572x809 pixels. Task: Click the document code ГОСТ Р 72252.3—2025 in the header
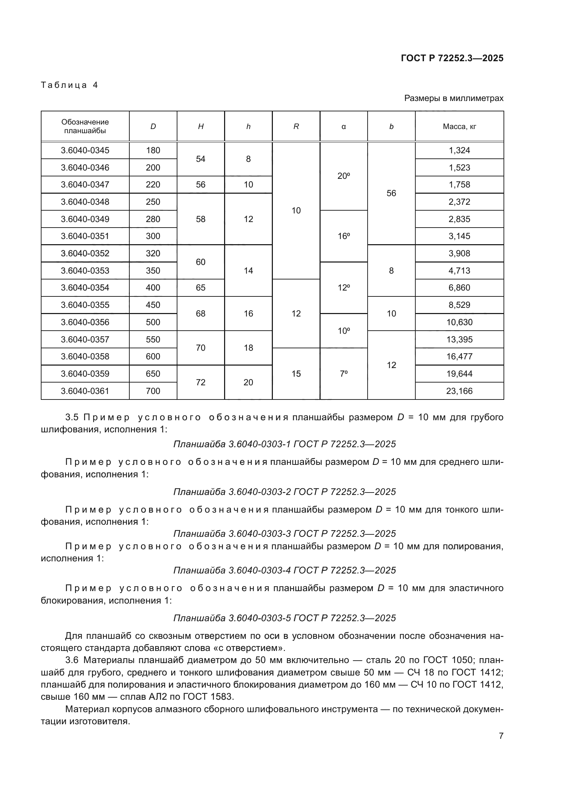[x=452, y=58]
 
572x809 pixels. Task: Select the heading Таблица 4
[x=70, y=85]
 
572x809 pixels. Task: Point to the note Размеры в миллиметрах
[x=454, y=98]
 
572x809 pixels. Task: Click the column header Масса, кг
[x=459, y=127]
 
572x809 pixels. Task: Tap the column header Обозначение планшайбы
[x=85, y=126]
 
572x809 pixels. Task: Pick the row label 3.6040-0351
[x=85, y=236]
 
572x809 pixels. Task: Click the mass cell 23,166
[x=459, y=391]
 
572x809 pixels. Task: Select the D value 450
[x=153, y=305]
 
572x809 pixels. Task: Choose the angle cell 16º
[x=343, y=236]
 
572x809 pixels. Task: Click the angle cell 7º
[x=343, y=374]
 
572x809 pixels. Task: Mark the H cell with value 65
[x=201, y=287]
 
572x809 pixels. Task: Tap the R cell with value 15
[x=296, y=374]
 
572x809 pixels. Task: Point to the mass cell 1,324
[x=459, y=150]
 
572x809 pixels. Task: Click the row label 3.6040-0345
[x=85, y=150]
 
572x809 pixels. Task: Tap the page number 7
[x=501, y=736]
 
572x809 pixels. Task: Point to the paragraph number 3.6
[x=72, y=660]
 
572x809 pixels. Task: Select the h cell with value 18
[x=248, y=348]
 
